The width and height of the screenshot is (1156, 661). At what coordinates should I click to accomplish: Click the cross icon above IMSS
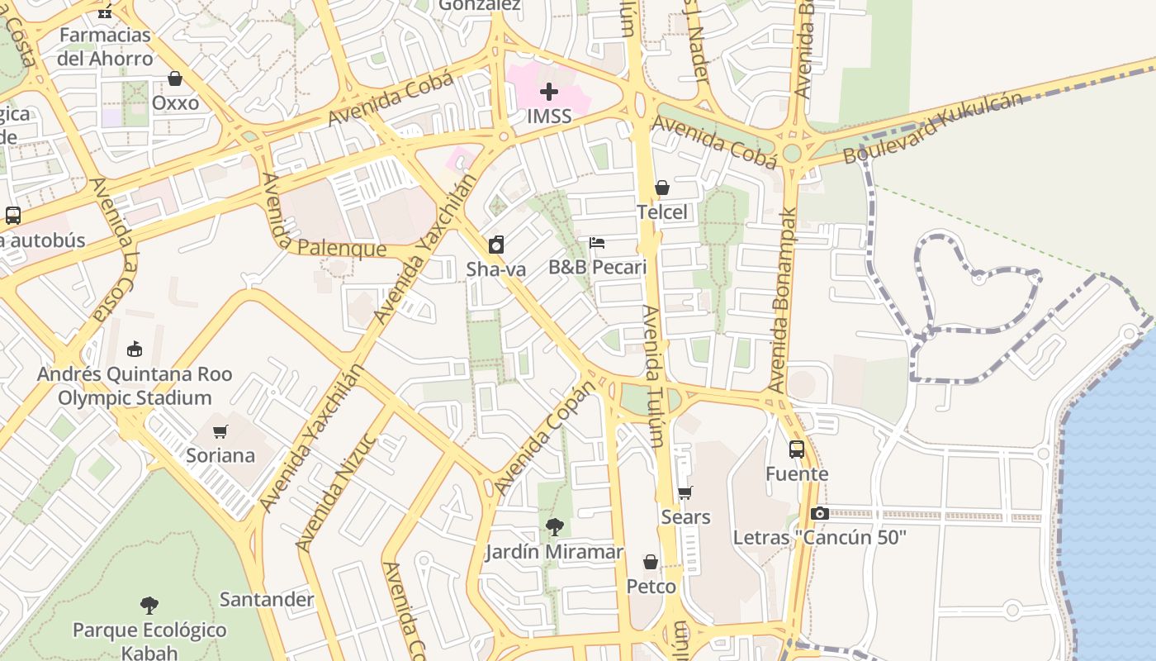549,92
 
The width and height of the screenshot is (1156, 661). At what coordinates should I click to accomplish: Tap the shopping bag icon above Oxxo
175,79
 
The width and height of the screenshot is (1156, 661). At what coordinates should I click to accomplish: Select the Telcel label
661,212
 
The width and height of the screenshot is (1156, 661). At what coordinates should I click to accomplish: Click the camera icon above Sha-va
495,245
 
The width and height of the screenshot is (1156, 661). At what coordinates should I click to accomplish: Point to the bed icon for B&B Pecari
597,243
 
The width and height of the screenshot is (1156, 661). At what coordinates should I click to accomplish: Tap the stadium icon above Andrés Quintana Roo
135,350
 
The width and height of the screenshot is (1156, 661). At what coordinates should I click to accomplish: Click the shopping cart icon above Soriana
220,431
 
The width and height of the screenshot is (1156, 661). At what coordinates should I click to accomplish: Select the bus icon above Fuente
797,449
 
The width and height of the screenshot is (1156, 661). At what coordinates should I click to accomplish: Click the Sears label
685,517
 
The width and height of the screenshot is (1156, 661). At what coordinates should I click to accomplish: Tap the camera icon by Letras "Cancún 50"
819,514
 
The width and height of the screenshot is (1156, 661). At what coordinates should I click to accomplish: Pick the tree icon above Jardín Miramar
554,527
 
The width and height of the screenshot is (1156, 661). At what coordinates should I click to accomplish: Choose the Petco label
651,587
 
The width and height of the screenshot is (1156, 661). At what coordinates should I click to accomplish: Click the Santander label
267,599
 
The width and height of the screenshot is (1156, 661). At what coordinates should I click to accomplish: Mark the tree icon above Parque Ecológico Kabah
149,606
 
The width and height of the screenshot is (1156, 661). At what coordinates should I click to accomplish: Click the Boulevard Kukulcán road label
932,128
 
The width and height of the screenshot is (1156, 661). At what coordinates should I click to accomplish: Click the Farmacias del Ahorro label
105,47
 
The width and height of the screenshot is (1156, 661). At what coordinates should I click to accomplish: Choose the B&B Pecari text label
597,268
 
